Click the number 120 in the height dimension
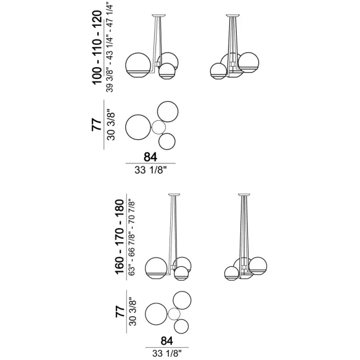click(x=97, y=19)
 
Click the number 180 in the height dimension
click(x=120, y=208)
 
